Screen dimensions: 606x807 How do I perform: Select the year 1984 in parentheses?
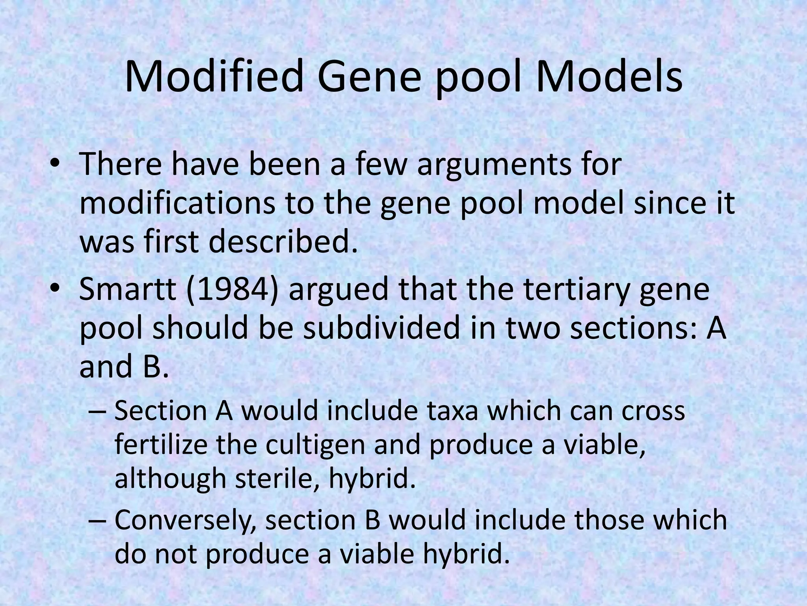234,289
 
